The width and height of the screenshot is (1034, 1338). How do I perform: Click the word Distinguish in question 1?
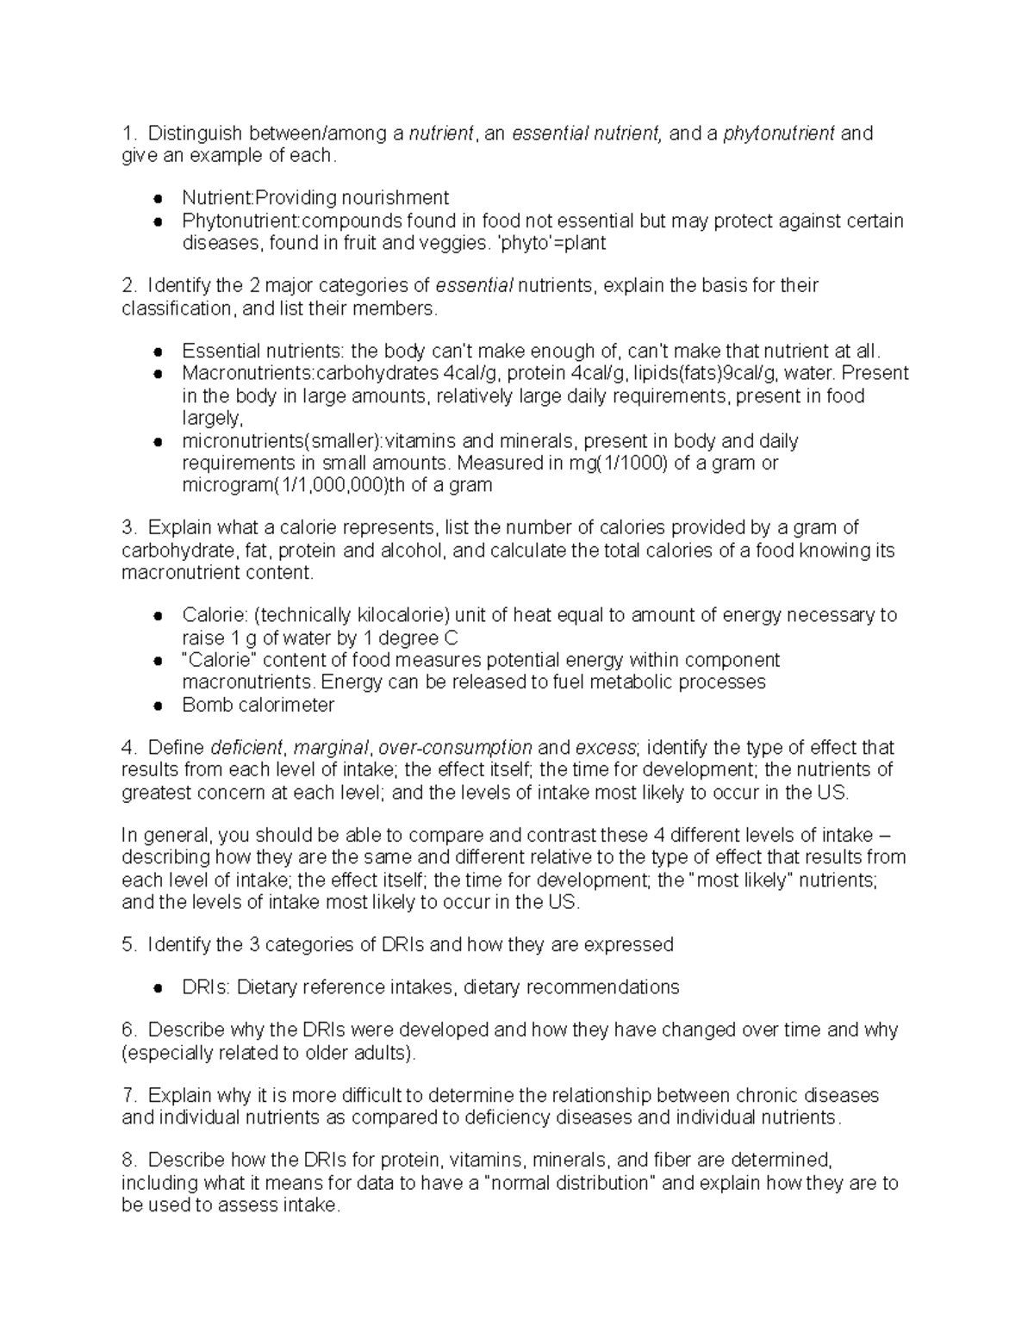195,134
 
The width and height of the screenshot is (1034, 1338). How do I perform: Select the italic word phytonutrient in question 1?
778,134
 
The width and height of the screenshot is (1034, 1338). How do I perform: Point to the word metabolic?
633,682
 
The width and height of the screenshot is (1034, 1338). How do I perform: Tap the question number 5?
128,945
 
